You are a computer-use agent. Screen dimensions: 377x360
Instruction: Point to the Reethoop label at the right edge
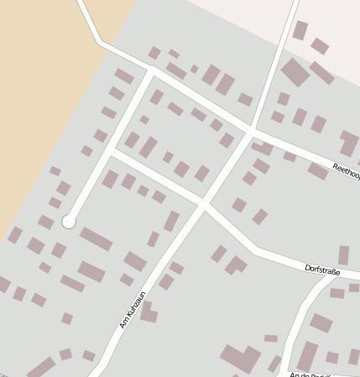[346, 169]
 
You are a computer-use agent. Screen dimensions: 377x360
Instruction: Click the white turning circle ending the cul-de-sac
[69, 222]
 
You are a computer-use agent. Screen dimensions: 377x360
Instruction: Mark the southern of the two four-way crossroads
[203, 203]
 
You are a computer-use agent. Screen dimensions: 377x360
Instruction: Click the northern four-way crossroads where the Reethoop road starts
[252, 132]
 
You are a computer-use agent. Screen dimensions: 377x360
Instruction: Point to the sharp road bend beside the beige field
[100, 40]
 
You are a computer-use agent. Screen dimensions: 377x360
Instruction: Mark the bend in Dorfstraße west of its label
[255, 250]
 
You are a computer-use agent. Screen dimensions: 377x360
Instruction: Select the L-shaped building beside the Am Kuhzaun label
[148, 313]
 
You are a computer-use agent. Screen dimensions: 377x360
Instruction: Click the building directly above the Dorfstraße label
[343, 255]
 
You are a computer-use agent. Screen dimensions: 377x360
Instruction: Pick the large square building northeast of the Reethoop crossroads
[295, 71]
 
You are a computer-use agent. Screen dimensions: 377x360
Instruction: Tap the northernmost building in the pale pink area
[300, 30]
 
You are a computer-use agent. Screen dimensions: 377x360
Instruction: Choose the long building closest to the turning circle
[96, 239]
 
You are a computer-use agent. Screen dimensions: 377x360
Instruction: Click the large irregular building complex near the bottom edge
[242, 359]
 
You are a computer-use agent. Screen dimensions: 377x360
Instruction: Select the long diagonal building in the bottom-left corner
[39, 368]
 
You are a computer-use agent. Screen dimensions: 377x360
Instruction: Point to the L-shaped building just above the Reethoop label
[347, 143]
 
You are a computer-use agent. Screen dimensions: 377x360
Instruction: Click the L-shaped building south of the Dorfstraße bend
[235, 265]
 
